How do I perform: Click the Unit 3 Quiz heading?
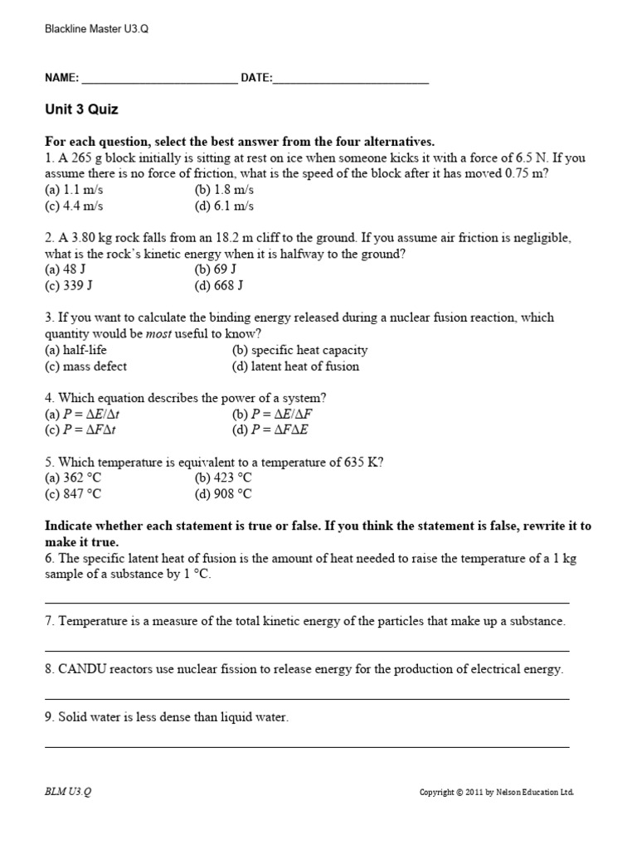click(x=81, y=109)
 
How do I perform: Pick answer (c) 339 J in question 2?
click(x=68, y=286)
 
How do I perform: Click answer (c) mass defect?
click(x=85, y=366)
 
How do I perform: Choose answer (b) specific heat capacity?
click(x=299, y=350)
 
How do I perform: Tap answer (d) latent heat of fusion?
click(x=295, y=366)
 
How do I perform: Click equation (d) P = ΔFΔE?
click(x=270, y=430)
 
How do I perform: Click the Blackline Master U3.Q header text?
click(x=96, y=29)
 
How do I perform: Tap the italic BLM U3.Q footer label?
click(x=68, y=792)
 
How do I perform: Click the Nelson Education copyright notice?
click(x=496, y=793)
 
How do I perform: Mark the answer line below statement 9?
click(x=306, y=747)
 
